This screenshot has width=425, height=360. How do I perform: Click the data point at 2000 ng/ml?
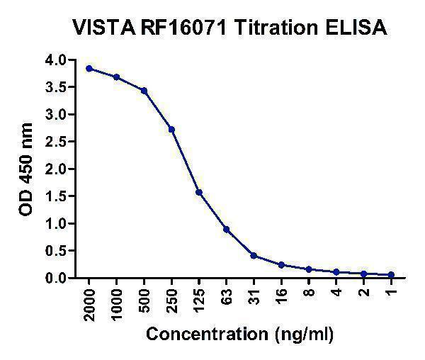89,68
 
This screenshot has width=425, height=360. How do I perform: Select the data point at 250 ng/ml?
171,130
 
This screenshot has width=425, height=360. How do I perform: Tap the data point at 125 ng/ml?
199,192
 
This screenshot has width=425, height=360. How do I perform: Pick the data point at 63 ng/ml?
226,230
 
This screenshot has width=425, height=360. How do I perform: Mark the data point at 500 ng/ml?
144,91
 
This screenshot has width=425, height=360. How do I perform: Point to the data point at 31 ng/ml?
254,256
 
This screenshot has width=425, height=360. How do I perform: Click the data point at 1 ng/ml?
391,275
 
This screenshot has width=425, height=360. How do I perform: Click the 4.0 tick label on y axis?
57,60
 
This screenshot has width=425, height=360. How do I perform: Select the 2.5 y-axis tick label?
57,142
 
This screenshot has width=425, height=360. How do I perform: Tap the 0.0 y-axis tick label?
57,279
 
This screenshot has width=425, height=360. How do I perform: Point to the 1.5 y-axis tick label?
57,196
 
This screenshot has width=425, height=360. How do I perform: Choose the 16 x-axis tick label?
281,293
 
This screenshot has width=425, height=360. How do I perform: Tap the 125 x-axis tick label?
199,297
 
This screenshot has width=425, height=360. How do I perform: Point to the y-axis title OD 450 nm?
27,169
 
